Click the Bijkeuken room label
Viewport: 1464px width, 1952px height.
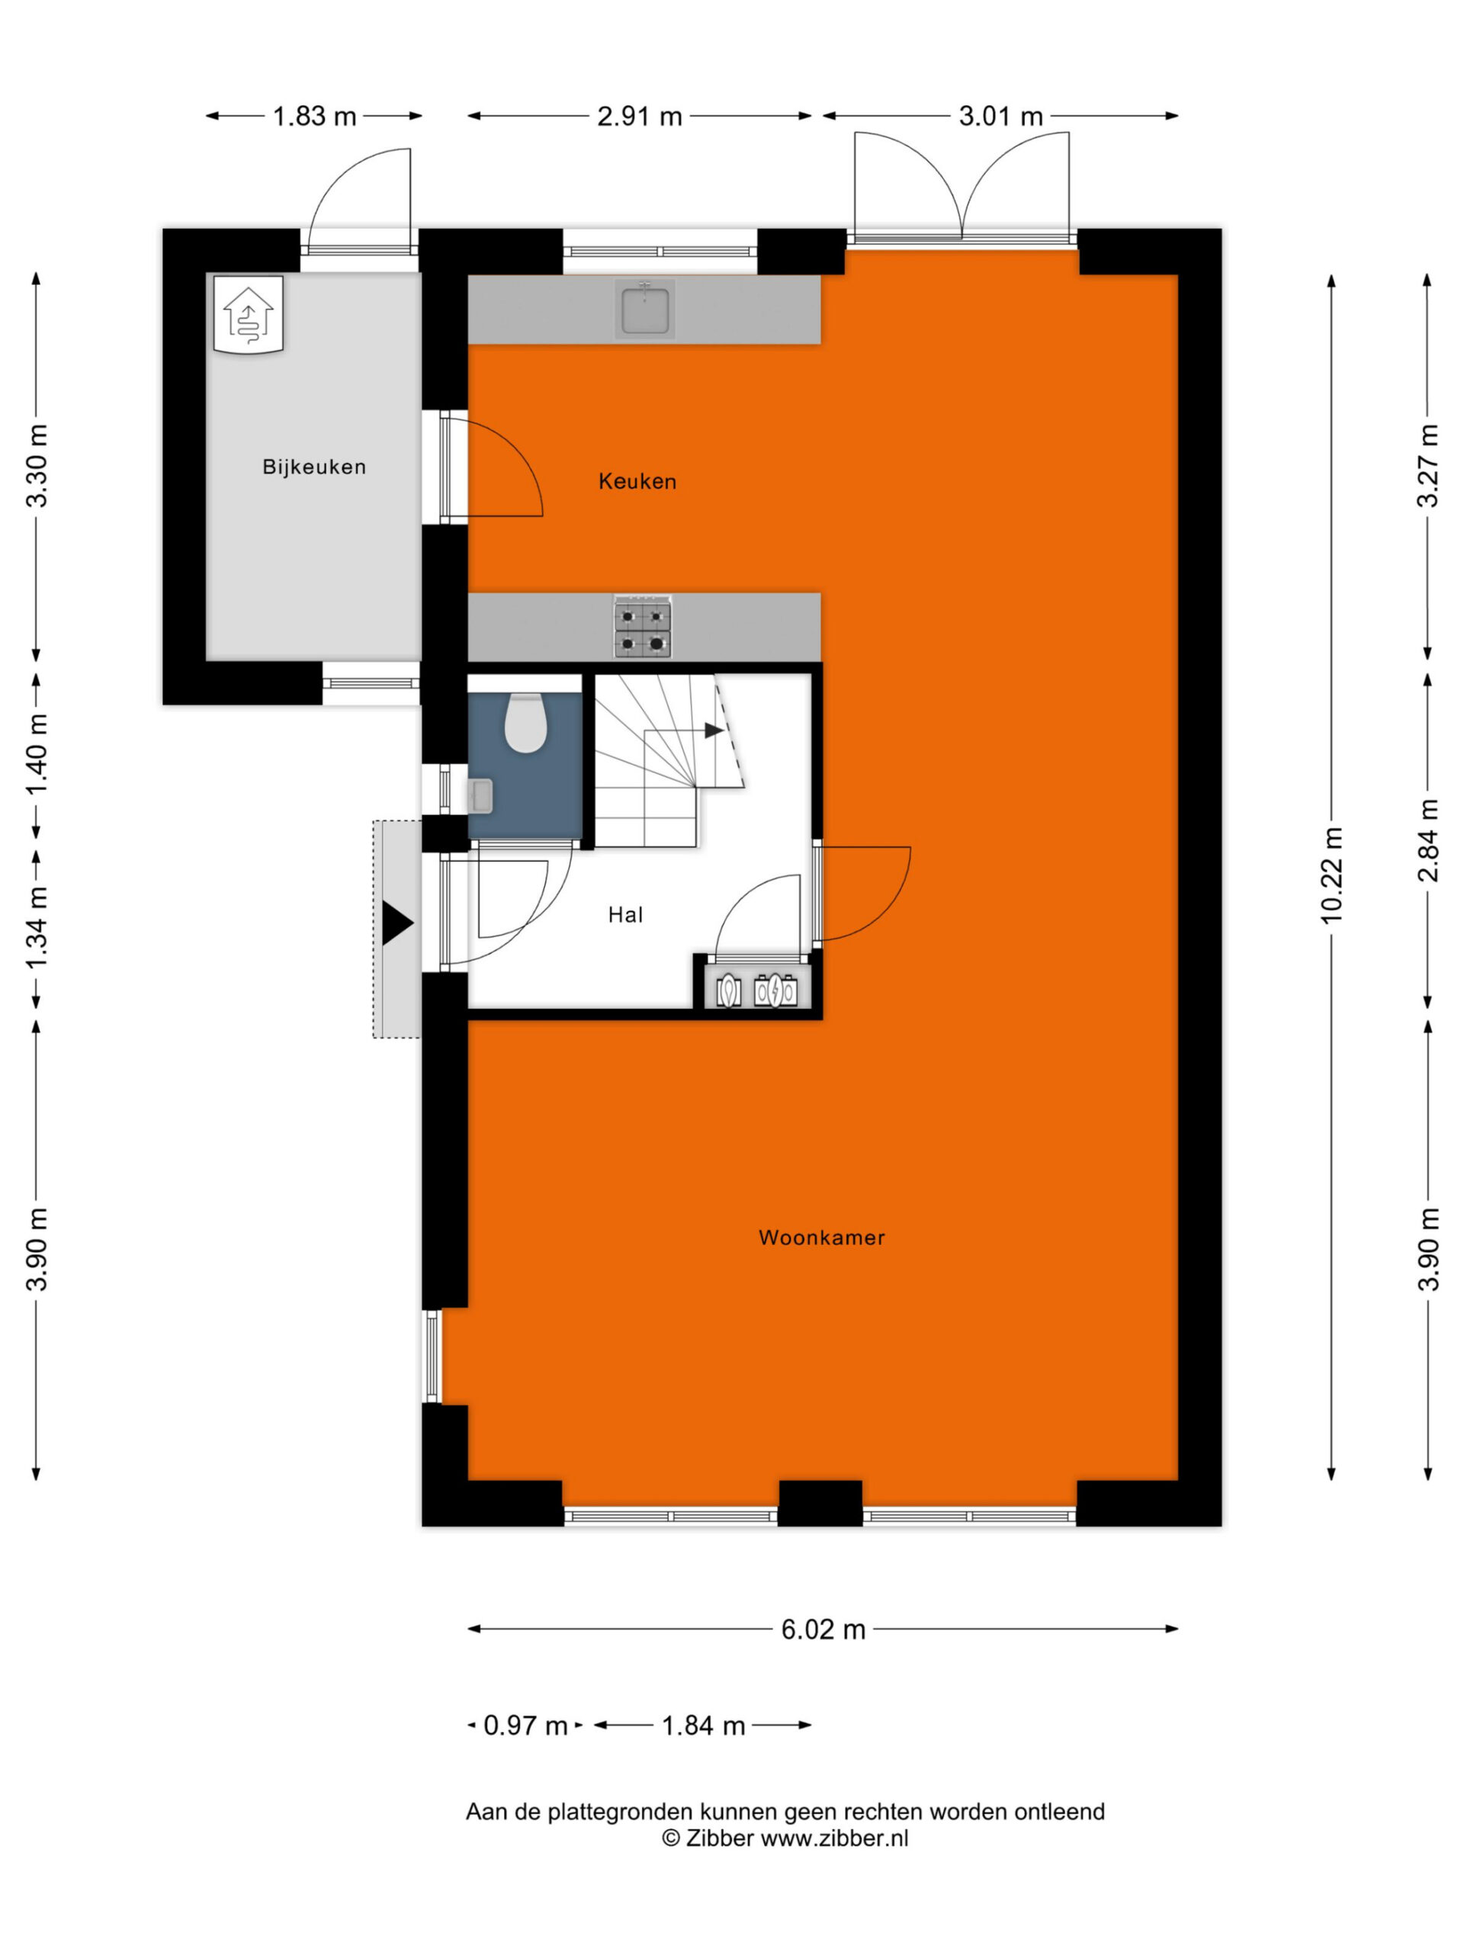313,467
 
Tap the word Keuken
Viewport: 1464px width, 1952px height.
637,481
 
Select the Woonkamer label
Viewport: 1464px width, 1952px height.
820,1238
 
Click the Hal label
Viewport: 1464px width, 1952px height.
624,914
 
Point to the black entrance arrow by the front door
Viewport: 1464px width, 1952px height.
396,923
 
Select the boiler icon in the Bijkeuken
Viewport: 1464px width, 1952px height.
249,314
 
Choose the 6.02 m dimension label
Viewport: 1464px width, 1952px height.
823,1629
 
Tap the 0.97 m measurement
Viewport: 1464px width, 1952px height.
525,1726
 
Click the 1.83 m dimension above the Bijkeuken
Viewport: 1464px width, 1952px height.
314,117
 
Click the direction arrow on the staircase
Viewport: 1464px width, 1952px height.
713,730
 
